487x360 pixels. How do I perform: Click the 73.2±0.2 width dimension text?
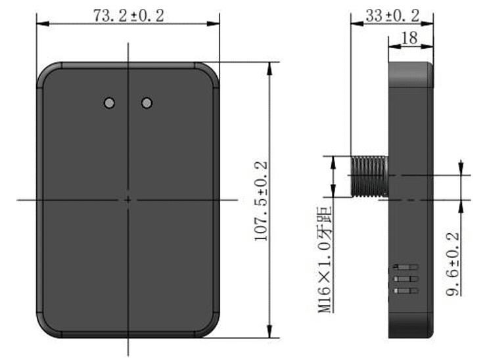(x=129, y=16)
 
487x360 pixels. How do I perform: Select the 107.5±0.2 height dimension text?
(x=261, y=201)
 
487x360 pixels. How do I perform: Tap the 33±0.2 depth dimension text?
(x=392, y=16)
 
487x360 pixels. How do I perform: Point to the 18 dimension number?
(x=409, y=38)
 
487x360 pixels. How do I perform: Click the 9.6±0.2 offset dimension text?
(x=453, y=264)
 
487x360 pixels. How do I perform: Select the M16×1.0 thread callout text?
(x=325, y=259)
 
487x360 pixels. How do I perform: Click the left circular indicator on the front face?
(x=109, y=102)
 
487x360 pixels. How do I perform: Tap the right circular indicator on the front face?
(x=147, y=102)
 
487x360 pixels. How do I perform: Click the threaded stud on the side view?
(x=369, y=176)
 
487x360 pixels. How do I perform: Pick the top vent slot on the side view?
(x=406, y=267)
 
